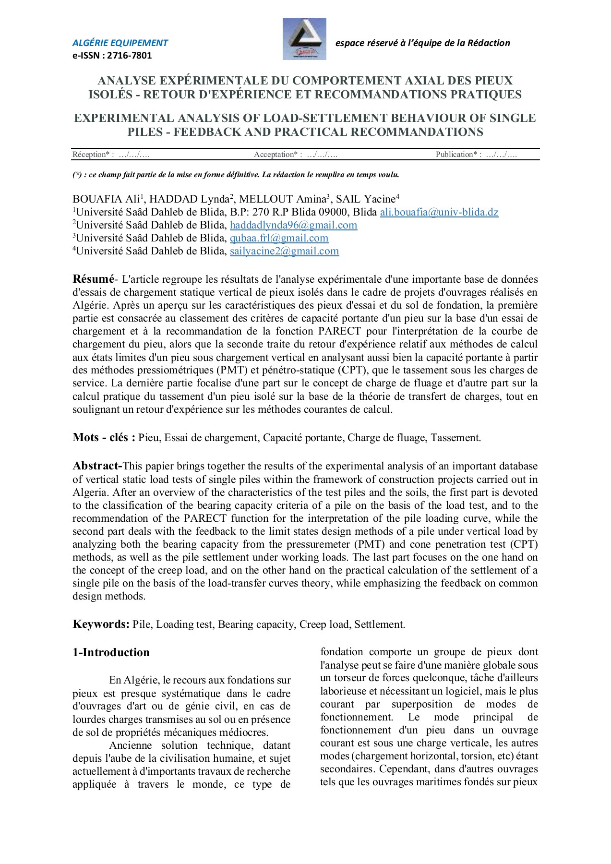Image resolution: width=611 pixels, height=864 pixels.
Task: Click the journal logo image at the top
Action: coord(304,39)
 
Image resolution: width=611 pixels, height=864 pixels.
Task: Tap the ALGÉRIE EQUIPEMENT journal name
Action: coord(120,43)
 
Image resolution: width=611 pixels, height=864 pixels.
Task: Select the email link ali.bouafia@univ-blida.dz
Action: coord(439,212)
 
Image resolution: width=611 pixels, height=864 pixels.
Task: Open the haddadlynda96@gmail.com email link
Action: coord(293,225)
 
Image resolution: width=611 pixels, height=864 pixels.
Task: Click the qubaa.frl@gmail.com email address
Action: coord(279,238)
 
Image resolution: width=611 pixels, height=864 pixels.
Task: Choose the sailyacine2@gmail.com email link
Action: coord(284,251)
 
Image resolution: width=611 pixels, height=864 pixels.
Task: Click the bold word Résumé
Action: coord(94,279)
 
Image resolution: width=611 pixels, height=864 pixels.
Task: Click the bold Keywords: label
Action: coord(101,624)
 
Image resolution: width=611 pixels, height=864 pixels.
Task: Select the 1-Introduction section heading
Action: coord(111,652)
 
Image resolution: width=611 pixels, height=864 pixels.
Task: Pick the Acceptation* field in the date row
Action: coord(296,155)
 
